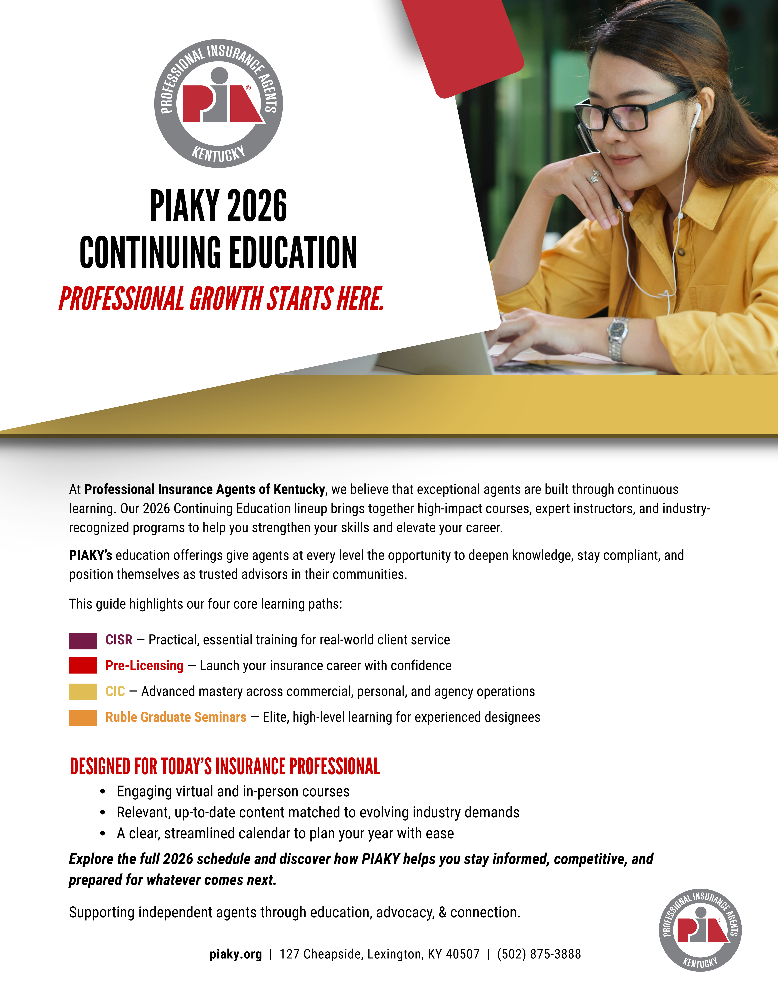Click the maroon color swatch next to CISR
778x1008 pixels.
83,641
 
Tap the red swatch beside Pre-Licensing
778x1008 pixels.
83,666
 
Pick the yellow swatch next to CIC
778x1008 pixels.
83,691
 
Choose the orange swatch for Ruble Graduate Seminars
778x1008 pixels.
83,717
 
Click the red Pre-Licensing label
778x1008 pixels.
144,666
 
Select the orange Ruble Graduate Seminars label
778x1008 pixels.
176,717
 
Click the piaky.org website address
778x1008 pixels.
236,954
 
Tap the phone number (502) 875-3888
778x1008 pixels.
539,954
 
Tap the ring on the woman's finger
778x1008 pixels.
595,176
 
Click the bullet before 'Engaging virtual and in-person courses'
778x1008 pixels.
103,792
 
